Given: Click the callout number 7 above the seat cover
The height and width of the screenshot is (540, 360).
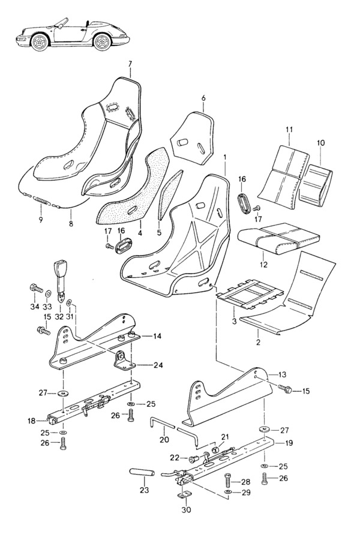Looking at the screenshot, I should coord(130,64).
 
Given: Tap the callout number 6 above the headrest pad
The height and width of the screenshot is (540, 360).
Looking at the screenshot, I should coord(203,98).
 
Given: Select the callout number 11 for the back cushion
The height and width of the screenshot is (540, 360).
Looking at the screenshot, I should coord(289,130).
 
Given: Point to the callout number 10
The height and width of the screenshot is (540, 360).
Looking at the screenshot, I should coord(320,143).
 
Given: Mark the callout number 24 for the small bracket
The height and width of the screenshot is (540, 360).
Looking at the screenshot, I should coord(158,364).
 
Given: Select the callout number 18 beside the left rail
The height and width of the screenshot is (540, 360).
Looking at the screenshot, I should coord(32,421).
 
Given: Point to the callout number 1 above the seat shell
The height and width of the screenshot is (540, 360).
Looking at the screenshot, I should coord(224,158).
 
